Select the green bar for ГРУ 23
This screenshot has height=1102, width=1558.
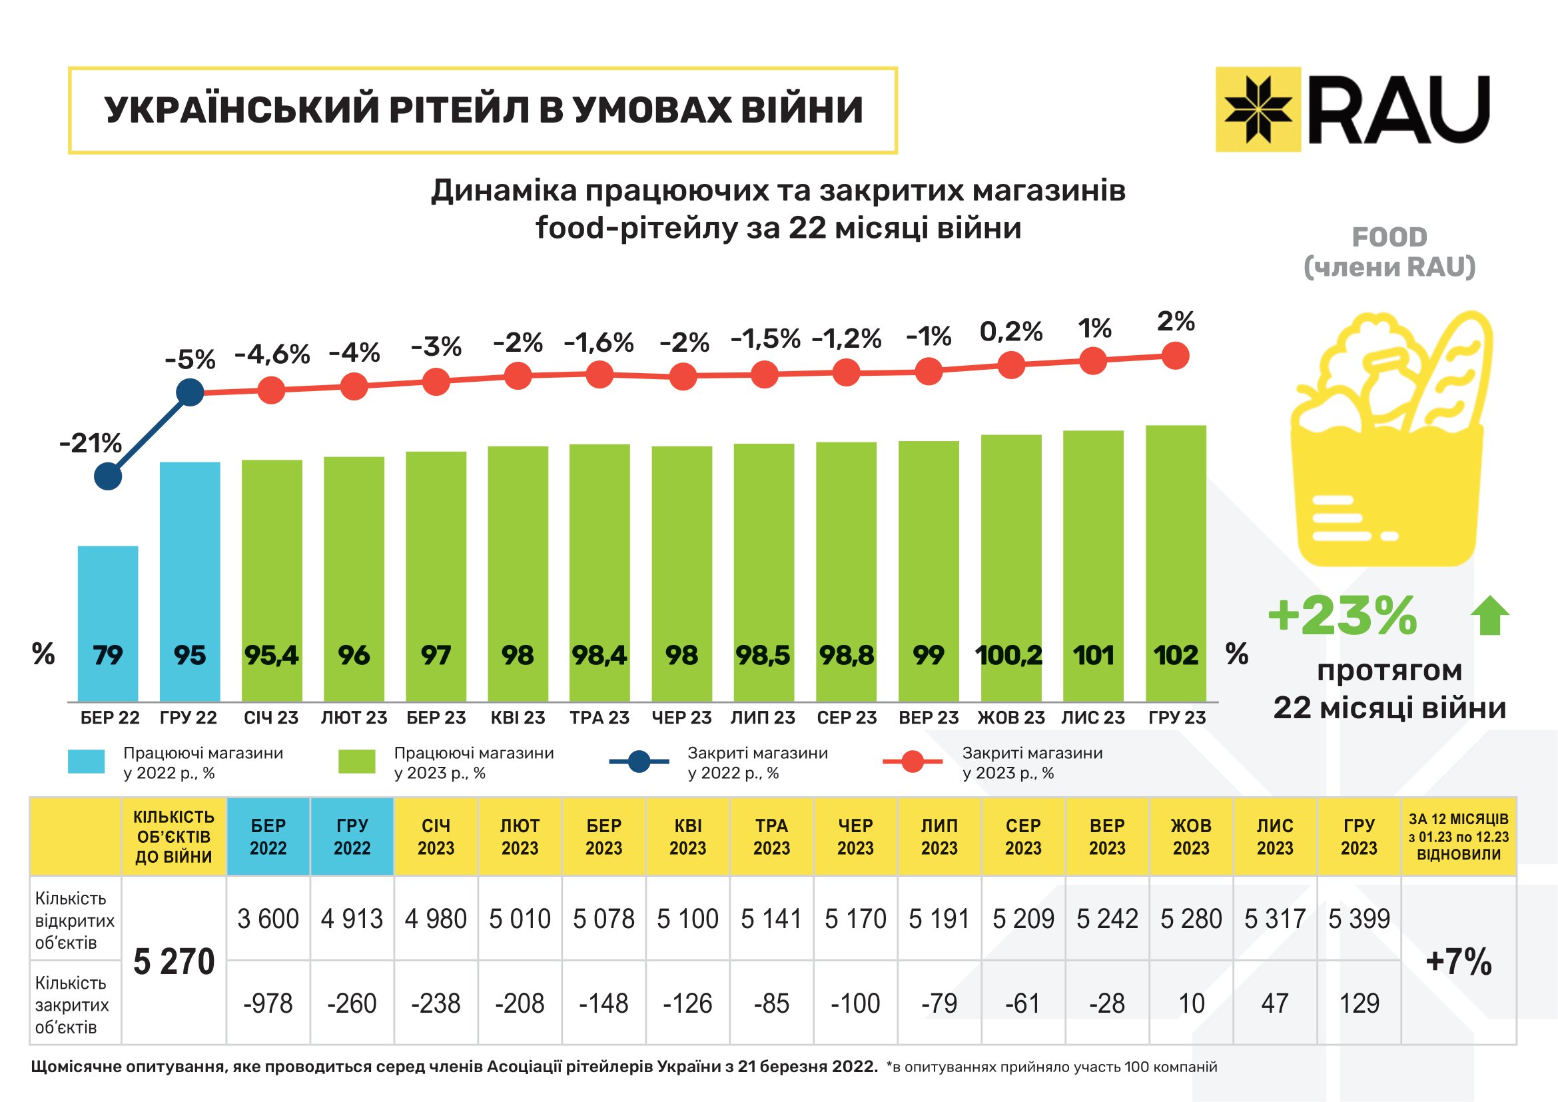(x=1175, y=563)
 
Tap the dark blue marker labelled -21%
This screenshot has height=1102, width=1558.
(x=108, y=476)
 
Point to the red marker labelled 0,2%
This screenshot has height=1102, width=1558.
(x=1011, y=365)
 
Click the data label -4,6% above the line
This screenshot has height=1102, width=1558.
(x=271, y=354)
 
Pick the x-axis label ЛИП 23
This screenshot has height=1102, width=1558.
(x=763, y=718)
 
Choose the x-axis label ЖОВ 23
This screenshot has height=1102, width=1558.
(x=1011, y=718)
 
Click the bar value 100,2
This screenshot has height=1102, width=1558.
(x=1009, y=656)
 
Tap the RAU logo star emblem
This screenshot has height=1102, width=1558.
(x=1258, y=109)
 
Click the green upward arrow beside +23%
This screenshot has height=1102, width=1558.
(x=1489, y=615)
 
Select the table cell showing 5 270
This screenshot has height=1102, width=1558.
(x=174, y=961)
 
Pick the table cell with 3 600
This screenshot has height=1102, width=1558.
(x=268, y=919)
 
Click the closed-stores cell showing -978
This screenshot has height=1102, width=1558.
(x=268, y=1003)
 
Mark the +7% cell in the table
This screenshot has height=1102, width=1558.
(x=1458, y=961)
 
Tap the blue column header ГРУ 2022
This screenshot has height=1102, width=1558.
(x=352, y=837)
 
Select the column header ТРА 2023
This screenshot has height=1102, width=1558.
(x=771, y=837)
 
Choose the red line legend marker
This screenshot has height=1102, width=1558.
(x=912, y=762)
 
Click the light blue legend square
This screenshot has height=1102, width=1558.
(x=86, y=762)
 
